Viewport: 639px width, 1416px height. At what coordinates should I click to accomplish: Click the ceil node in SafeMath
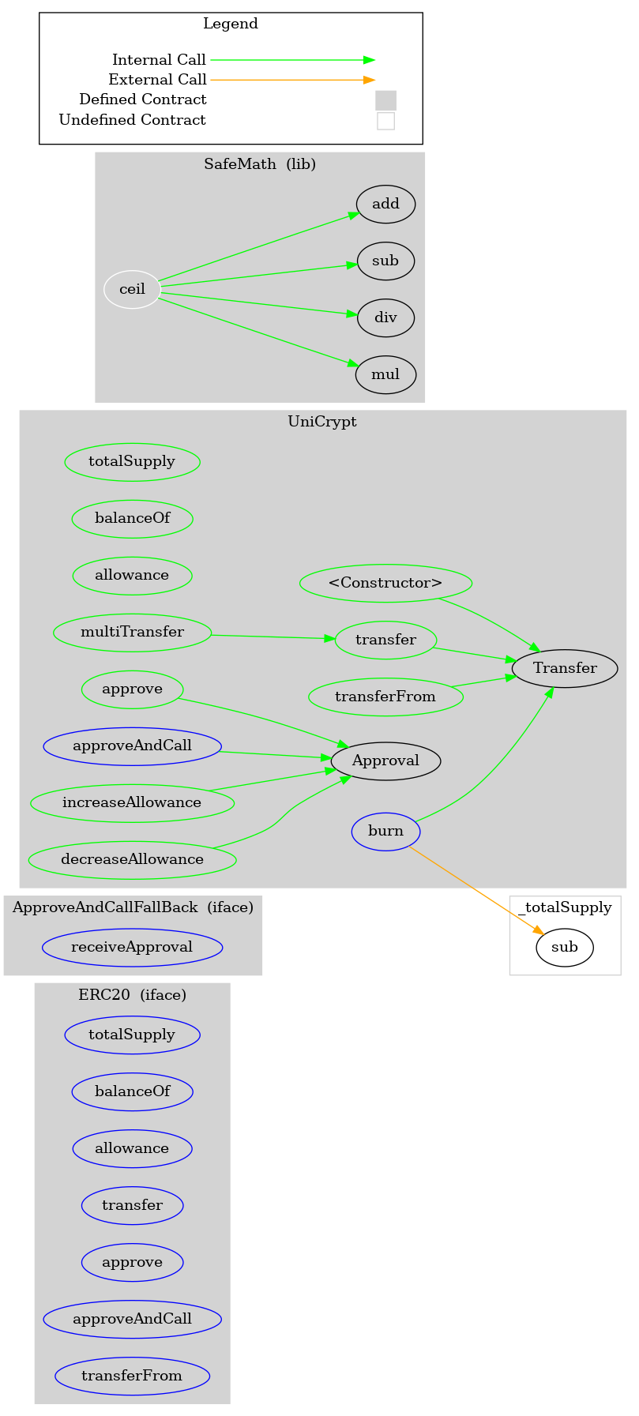pos(132,289)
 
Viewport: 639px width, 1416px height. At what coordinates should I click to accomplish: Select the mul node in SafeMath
pos(385,374)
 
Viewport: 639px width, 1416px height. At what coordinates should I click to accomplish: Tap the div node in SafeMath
pos(385,317)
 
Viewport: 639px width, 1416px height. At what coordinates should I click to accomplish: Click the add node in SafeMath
pos(385,204)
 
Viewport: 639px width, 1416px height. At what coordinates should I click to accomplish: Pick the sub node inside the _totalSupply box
pos(565,947)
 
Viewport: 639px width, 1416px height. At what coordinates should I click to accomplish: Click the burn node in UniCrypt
pos(385,831)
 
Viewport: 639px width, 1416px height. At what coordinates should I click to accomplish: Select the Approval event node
pos(385,761)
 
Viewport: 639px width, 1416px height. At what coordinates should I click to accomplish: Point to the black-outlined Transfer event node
pos(565,668)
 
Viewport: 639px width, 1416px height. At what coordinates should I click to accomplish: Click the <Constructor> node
pos(385,583)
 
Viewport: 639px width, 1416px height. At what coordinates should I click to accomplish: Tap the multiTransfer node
pos(132,632)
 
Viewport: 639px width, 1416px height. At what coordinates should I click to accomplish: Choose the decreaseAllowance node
pos(132,859)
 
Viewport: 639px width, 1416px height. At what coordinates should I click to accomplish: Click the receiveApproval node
pos(132,947)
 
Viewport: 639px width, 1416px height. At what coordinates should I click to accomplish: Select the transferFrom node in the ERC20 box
pos(132,1376)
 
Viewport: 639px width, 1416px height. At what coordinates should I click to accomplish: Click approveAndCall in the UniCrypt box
pos(132,746)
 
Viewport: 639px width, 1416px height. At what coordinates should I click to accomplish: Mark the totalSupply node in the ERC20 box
pos(132,1035)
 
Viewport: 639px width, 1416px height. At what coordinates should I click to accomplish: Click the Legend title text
pos(231,24)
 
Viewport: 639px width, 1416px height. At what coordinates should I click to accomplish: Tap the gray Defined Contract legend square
pos(385,100)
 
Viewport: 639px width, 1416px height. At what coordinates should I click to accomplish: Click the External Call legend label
pos(157,80)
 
